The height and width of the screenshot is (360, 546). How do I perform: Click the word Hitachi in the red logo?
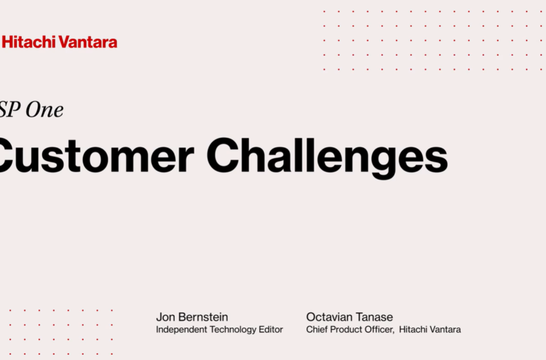pos(28,42)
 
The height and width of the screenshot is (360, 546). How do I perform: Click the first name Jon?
pos(165,317)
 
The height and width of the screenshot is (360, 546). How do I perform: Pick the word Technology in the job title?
pos(234,330)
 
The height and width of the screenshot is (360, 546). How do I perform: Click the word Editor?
pos(271,330)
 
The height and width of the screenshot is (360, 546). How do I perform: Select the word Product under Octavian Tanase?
pos(345,330)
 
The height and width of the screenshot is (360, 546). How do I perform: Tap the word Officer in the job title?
pos(378,330)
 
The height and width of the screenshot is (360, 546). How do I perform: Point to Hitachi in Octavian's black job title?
pos(413,330)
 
